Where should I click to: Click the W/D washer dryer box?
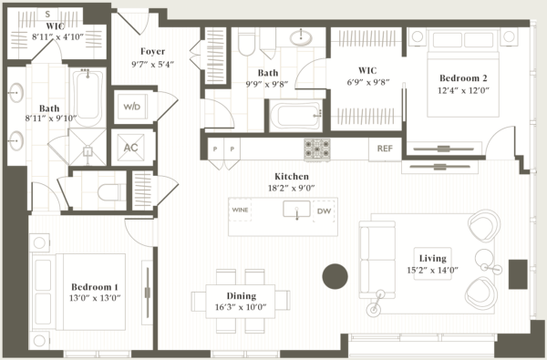[132, 107]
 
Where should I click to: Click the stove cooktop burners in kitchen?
[317, 148]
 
